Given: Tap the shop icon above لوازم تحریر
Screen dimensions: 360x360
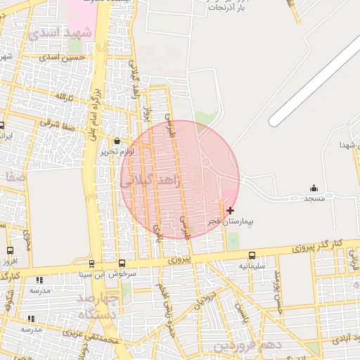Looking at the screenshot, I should click(116, 141).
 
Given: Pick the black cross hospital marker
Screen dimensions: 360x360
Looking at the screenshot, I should click(230, 210).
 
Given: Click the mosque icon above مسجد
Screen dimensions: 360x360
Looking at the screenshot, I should click(314, 188).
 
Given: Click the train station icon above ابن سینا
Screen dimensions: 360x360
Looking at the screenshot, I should click(91, 264).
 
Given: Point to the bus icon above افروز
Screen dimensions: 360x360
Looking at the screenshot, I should click(10, 250).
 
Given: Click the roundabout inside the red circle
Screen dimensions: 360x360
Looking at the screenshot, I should click(206, 162).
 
